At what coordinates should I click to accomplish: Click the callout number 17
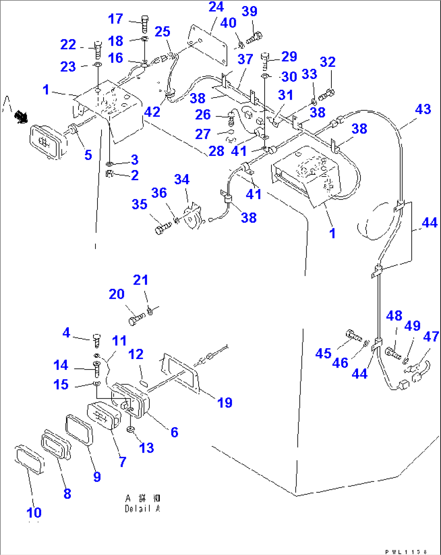point(115,19)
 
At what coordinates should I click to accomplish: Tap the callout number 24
point(216,7)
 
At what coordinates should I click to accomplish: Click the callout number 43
point(423,109)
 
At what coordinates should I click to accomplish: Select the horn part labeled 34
point(191,216)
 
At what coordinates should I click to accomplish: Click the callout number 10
point(34,512)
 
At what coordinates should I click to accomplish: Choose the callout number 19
point(225,402)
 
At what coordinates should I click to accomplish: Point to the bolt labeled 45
point(354,335)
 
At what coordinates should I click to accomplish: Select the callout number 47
point(431,336)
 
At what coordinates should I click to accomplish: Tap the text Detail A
point(142,509)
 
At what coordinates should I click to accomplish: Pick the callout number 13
point(146,448)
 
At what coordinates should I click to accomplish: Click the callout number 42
point(152,112)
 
